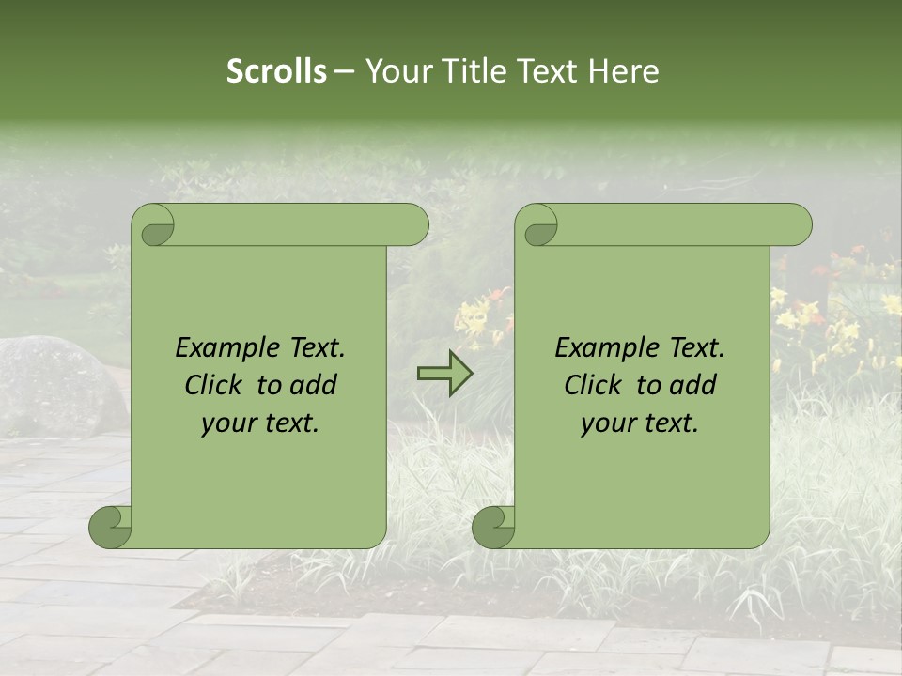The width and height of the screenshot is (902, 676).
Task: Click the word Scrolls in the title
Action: (x=276, y=71)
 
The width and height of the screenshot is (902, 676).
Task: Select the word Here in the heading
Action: (x=624, y=71)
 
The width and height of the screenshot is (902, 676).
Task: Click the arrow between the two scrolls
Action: (x=444, y=374)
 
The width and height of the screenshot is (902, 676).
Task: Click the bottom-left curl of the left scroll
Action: (x=110, y=526)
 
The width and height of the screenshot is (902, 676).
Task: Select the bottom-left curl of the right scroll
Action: (x=493, y=526)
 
